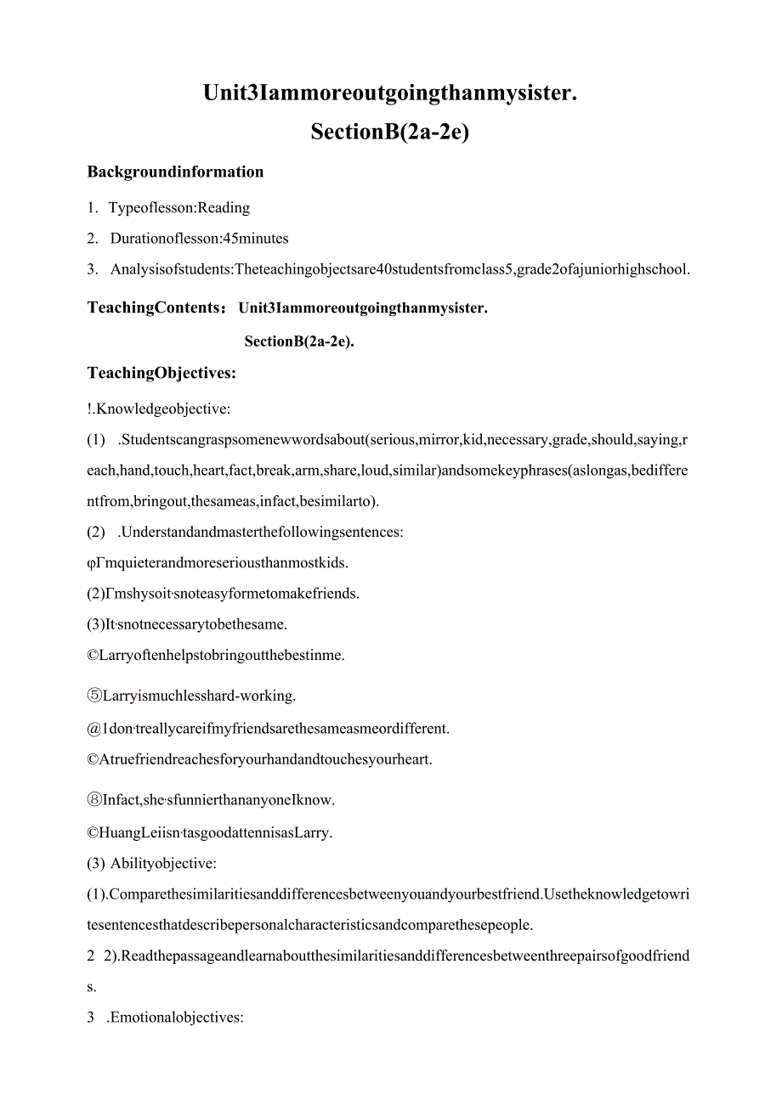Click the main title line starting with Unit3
[x=390, y=93]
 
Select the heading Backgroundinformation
[x=175, y=172]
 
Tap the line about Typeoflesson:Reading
[x=179, y=207]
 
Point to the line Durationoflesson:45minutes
[x=199, y=239]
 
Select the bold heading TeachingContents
[x=156, y=307]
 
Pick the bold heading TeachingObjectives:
[x=161, y=372]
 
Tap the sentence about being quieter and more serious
[x=224, y=562]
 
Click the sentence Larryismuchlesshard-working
[x=199, y=696]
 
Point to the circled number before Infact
[x=93, y=799]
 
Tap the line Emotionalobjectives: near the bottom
[x=175, y=1017]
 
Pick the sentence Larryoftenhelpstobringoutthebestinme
[x=222, y=655]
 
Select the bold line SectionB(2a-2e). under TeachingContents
[x=298, y=341]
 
